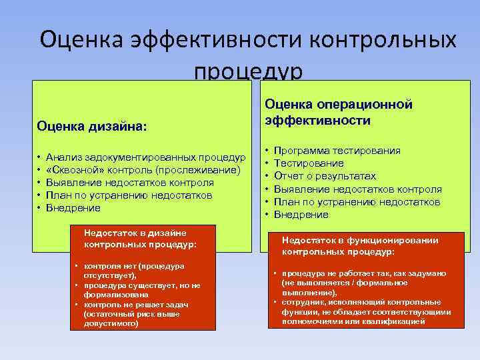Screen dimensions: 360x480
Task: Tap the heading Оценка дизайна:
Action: click(93, 125)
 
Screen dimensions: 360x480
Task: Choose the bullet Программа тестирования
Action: click(337, 151)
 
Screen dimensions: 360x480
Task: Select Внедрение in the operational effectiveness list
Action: click(301, 215)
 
